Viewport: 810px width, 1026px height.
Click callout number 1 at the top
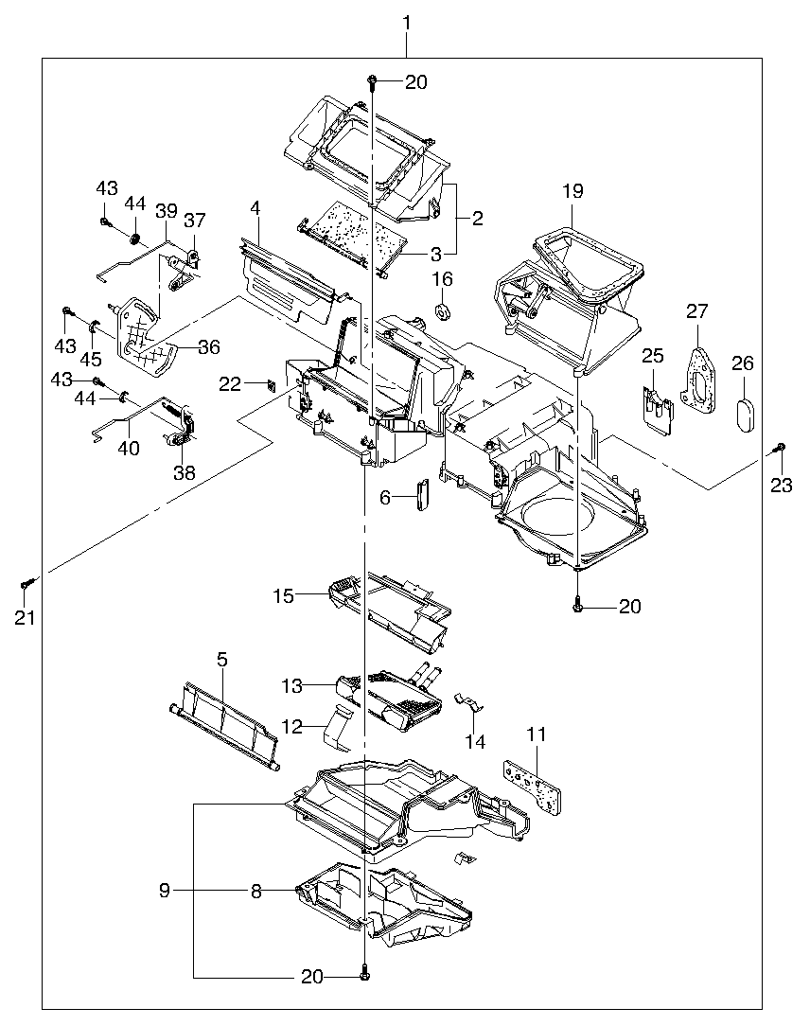click(407, 24)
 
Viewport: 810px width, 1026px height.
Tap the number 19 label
click(572, 191)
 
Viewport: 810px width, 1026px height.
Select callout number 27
click(697, 310)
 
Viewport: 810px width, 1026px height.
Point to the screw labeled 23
click(780, 449)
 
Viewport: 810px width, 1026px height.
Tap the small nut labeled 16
click(443, 312)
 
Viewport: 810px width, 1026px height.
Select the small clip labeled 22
click(269, 383)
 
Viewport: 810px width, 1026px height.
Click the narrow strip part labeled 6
click(422, 495)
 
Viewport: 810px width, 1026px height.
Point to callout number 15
click(283, 596)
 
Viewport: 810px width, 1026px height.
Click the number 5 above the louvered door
click(222, 659)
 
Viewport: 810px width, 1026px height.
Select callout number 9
click(165, 890)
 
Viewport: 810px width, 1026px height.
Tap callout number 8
click(256, 891)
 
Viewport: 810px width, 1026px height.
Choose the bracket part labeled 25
click(657, 410)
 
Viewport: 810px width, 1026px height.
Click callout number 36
click(209, 347)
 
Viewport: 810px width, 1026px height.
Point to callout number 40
click(129, 449)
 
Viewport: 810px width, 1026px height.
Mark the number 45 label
click(91, 359)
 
